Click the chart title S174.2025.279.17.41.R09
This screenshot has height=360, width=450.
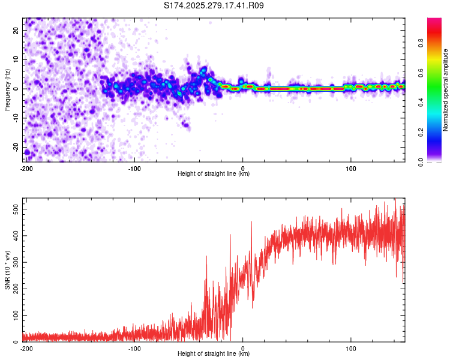pyautogui.click(x=214, y=6)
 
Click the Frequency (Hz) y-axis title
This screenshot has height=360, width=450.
pyautogui.click(x=7, y=89)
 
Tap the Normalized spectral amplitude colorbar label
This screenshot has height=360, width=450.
pyautogui.click(x=446, y=90)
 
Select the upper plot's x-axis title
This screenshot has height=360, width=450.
pyautogui.click(x=214, y=174)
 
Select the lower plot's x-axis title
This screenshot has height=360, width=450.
pyautogui.click(x=214, y=354)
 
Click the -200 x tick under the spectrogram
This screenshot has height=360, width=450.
pyautogui.click(x=26, y=169)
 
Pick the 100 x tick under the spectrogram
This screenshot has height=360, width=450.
pyautogui.click(x=351, y=169)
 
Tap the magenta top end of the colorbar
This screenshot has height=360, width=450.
pyautogui.click(x=434, y=20)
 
